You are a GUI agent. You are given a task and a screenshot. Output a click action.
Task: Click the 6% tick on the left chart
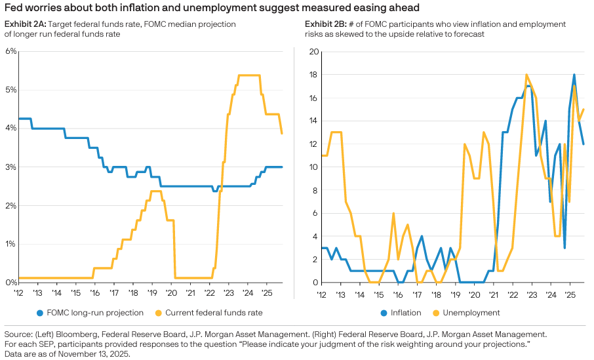click(10, 51)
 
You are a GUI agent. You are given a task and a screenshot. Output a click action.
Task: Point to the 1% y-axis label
click(10, 244)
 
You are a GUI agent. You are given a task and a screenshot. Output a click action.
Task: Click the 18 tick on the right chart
click(313, 75)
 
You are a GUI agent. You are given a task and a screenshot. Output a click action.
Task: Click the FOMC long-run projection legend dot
click(41, 313)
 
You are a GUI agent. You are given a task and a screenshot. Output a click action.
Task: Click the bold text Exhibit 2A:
click(27, 24)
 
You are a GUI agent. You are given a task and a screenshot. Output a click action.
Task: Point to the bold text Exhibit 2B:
click(327, 24)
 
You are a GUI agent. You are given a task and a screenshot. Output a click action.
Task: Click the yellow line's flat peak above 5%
click(248, 75)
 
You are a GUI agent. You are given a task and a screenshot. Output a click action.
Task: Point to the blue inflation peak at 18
click(574, 75)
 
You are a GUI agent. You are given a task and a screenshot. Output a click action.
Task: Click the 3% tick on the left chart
click(10, 167)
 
